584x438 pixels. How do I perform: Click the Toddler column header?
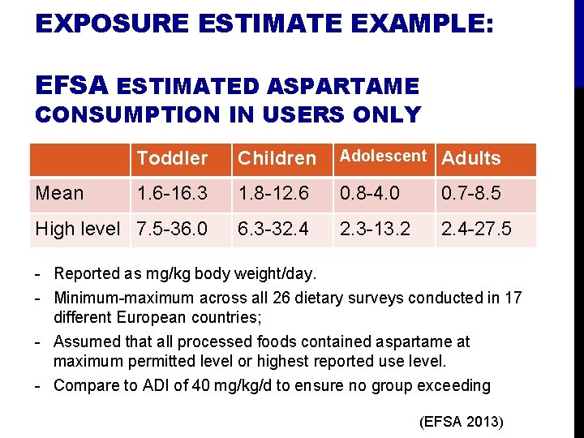pyautogui.click(x=172, y=158)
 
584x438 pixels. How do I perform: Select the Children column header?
pyautogui.click(x=277, y=158)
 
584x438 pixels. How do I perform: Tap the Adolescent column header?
pyautogui.click(x=382, y=156)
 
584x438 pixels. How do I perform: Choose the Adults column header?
pyautogui.click(x=470, y=158)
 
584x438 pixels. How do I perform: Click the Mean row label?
pyautogui.click(x=59, y=194)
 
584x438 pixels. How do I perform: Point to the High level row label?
pyautogui.click(x=78, y=230)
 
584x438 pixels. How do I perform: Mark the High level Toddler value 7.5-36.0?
pyautogui.click(x=172, y=230)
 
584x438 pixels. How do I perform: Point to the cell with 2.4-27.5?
pyautogui.click(x=475, y=230)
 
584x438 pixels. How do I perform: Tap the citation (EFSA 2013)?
pyautogui.click(x=462, y=422)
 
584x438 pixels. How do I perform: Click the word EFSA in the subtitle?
pyautogui.click(x=72, y=84)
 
